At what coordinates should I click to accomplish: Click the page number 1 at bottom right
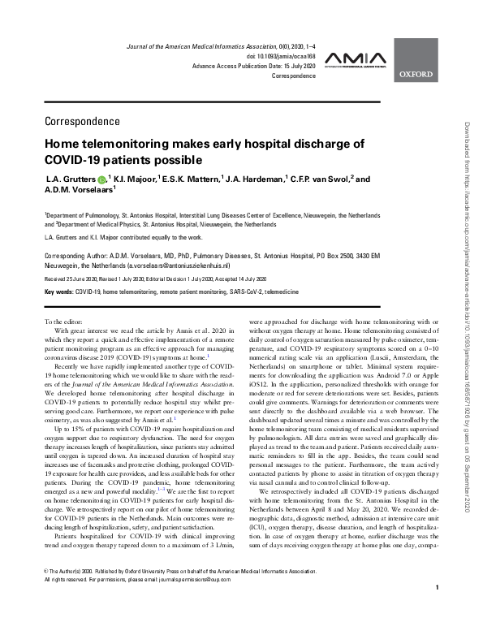pos(438,611)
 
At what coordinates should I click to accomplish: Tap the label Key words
pos(59,289)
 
